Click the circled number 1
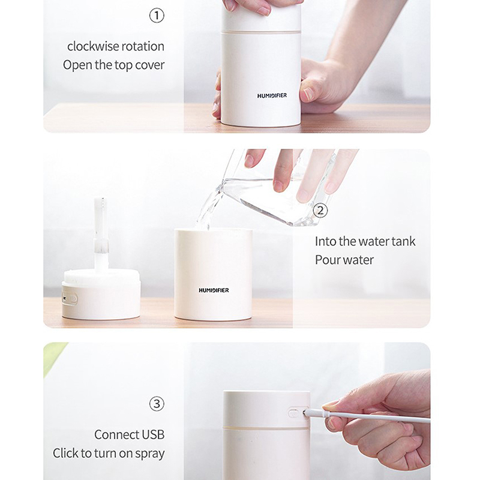coord(157,16)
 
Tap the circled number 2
coord(320,211)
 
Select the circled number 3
coord(157,404)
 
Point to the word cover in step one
coord(149,65)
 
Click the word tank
coord(403,241)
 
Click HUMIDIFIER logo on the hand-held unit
coord(272,95)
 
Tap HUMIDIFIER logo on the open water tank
coord(214,290)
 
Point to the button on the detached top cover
coord(70,298)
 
